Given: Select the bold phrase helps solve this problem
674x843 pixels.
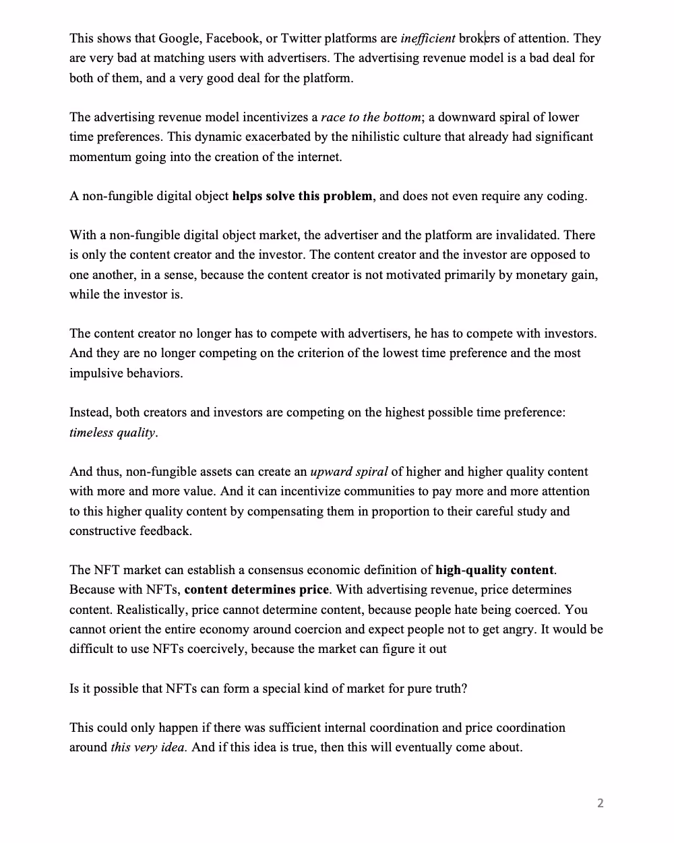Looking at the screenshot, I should click(x=302, y=196).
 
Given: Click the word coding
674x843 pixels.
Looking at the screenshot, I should click(x=565, y=196).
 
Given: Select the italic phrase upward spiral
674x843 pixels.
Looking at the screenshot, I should click(x=348, y=472).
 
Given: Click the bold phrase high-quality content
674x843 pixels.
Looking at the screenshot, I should click(x=495, y=570).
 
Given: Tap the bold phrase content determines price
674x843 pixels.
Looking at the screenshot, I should click(x=256, y=590).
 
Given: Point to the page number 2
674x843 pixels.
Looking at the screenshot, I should click(x=601, y=803).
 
